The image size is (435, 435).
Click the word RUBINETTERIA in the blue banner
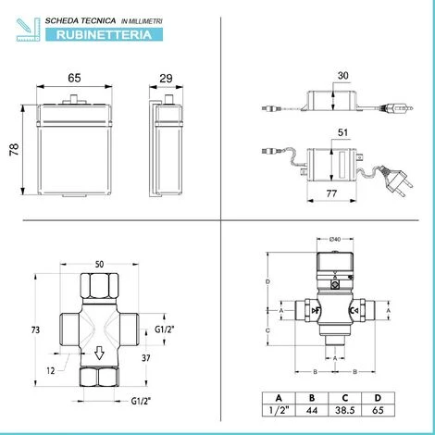pyautogui.click(x=104, y=35)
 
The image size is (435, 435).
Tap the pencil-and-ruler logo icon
pyautogui.click(x=28, y=30)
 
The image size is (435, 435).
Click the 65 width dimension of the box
pyautogui.click(x=74, y=78)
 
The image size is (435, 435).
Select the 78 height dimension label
pyautogui.click(x=15, y=149)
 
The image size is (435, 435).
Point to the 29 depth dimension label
pyautogui.click(x=166, y=79)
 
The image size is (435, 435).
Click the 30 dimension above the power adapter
pyautogui.click(x=343, y=76)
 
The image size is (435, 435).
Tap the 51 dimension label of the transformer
pyautogui.click(x=342, y=132)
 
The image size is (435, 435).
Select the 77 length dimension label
pyautogui.click(x=331, y=193)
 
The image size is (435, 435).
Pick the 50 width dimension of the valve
pyautogui.click(x=99, y=265)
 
